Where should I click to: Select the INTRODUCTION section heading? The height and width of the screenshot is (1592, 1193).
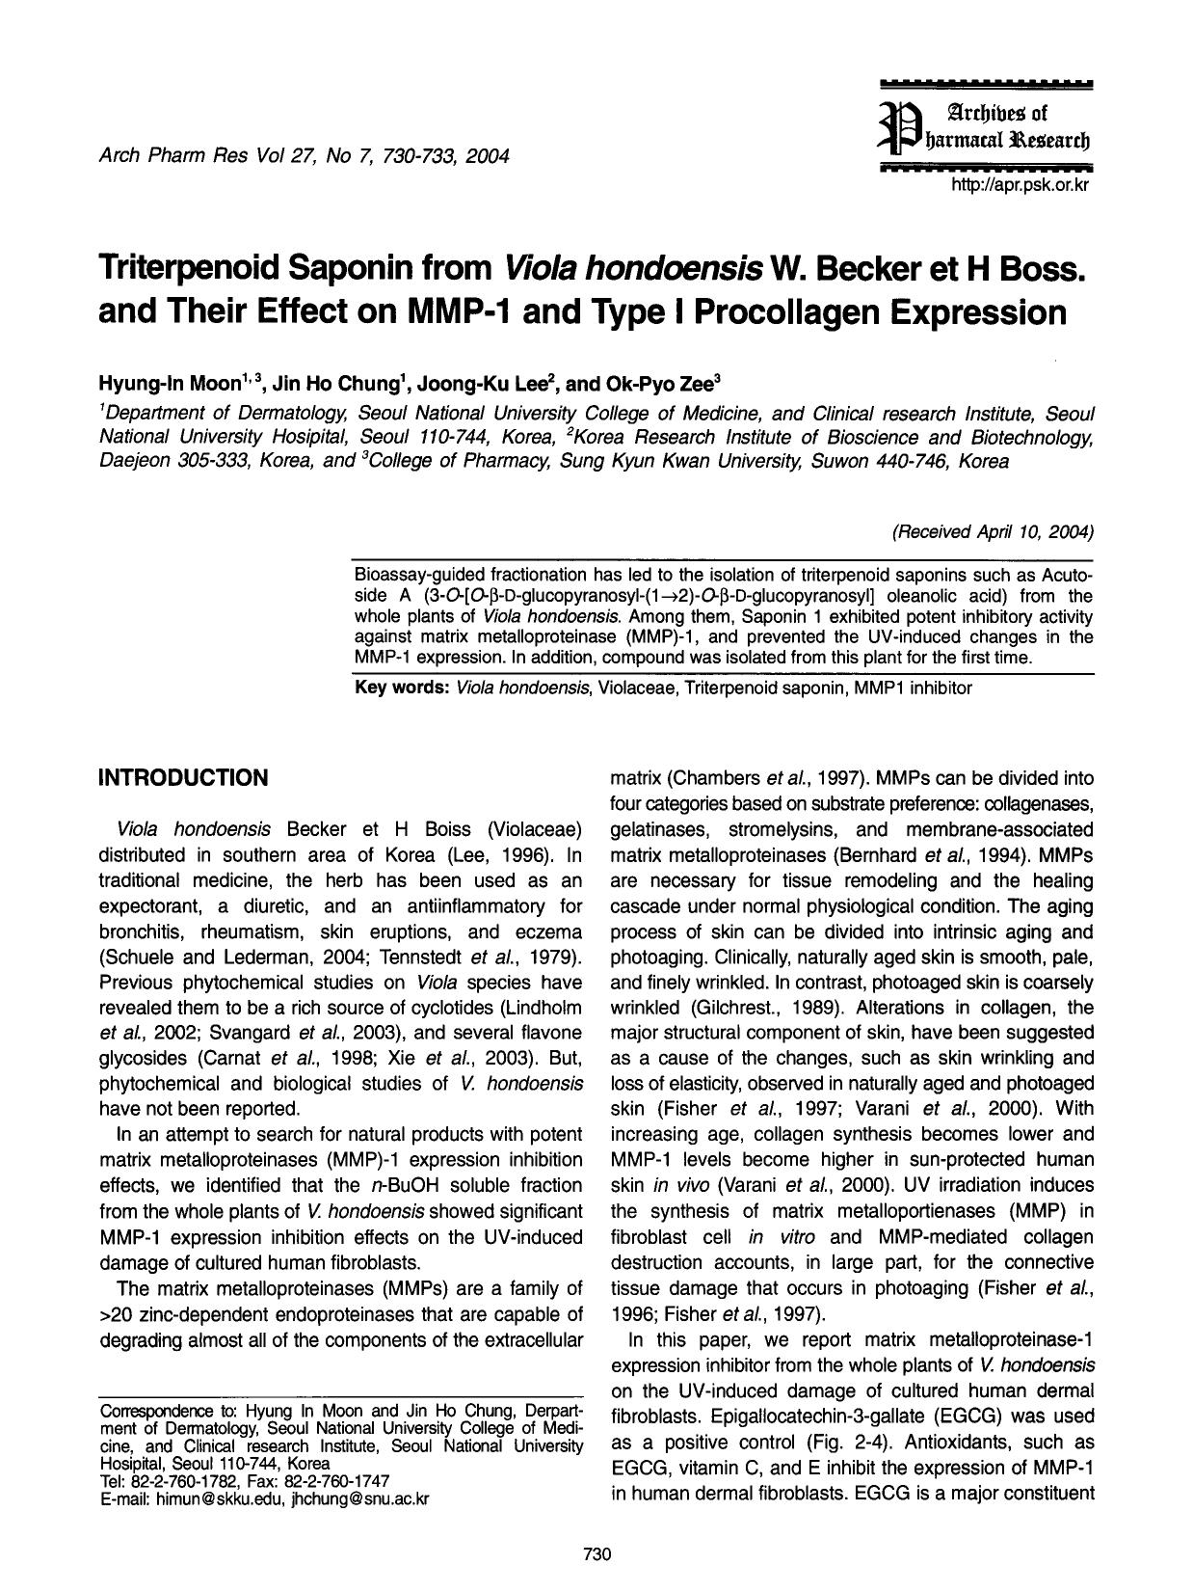(x=183, y=778)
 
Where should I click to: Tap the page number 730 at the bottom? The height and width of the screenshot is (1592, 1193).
(x=597, y=1553)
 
